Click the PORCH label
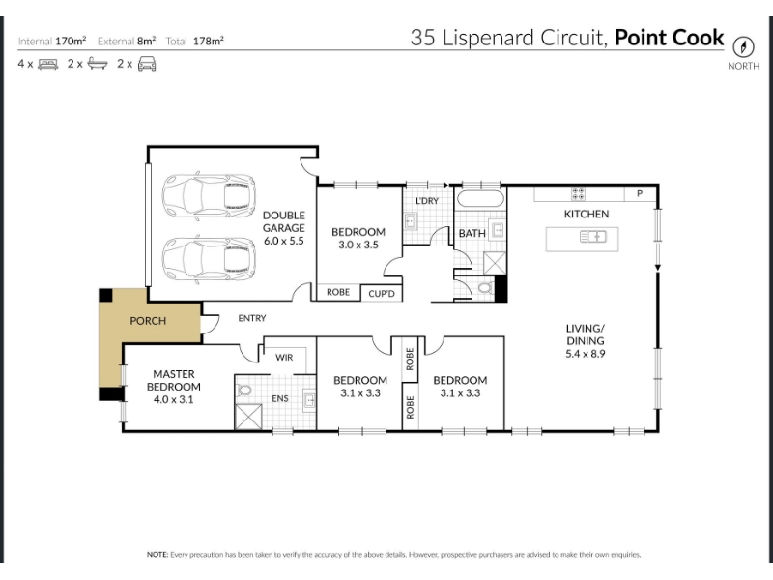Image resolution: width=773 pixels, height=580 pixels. click(x=148, y=321)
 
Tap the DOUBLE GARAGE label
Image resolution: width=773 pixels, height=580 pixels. click(x=283, y=221)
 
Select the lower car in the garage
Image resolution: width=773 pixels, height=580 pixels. click(x=209, y=260)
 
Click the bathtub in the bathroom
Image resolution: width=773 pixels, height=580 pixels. click(x=480, y=199)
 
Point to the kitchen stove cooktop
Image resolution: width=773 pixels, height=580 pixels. click(x=578, y=193)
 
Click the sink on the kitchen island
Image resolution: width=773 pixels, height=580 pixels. click(x=592, y=237)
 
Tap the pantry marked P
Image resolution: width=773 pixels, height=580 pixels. click(x=640, y=193)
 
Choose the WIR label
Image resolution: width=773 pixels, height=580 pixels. click(x=284, y=357)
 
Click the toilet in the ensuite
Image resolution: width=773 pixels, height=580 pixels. click(x=244, y=390)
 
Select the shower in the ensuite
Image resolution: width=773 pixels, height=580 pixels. click(x=248, y=417)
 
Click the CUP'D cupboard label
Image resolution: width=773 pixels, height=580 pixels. click(x=382, y=294)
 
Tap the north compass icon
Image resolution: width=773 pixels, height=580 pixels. click(x=743, y=47)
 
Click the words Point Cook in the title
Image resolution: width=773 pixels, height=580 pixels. click(x=669, y=38)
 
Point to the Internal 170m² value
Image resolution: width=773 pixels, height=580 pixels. click(x=71, y=41)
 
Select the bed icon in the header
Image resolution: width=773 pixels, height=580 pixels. click(x=47, y=64)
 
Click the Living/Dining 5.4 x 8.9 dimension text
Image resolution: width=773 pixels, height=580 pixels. click(x=586, y=354)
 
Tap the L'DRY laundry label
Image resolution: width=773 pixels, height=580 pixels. click(x=427, y=201)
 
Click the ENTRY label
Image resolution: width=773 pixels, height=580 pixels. click(x=252, y=318)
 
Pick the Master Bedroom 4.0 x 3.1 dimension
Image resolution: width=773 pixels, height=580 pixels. click(x=174, y=399)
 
